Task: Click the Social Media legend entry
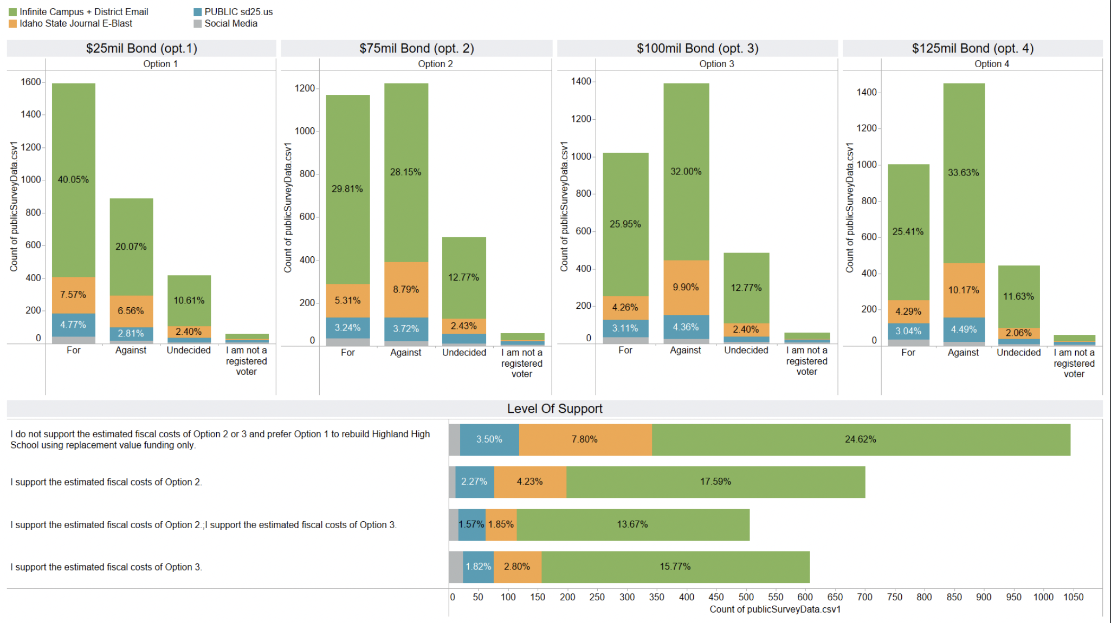230,24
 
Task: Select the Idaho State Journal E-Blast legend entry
75,24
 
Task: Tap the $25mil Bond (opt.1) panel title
141,48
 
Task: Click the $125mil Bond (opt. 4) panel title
972,48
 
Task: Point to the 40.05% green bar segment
74,180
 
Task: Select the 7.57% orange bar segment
74,295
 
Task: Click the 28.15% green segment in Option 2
406,172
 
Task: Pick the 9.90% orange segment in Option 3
686,287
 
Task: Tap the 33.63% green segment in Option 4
964,173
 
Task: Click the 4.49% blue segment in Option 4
964,329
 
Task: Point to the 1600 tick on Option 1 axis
31,82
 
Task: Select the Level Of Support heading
554,409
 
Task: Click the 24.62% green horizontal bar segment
861,439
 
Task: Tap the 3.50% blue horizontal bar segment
489,439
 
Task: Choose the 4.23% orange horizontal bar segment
530,482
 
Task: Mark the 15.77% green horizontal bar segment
675,567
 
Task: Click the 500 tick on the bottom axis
746,597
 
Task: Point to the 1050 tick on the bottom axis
1073,597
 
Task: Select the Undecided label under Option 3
746,351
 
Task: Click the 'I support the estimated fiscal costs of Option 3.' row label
106,567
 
